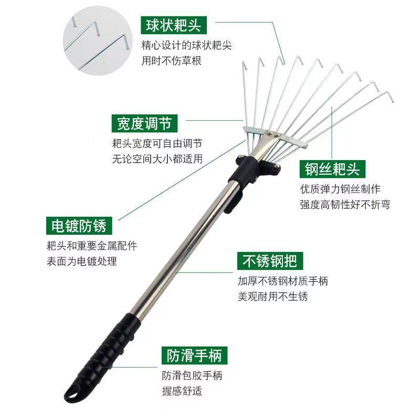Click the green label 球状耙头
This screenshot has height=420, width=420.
pos(174,25)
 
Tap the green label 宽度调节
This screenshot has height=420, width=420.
pos(144,124)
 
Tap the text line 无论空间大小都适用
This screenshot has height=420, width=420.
pos(157,159)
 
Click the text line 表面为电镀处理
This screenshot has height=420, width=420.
pos(81,261)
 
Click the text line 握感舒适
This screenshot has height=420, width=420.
pos(182,391)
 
